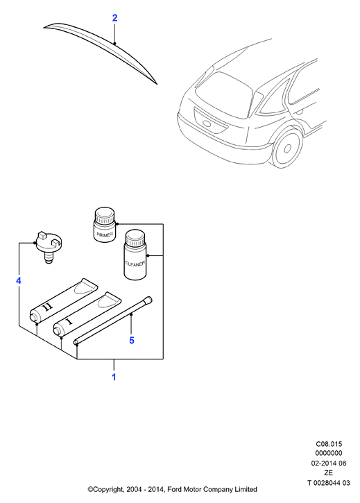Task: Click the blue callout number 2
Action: click(115, 18)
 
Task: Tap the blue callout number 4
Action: click(19, 281)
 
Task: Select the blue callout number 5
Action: click(132, 341)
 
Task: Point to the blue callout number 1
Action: click(114, 377)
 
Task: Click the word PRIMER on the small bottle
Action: click(105, 235)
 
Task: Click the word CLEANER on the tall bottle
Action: click(135, 264)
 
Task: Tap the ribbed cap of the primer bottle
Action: click(105, 216)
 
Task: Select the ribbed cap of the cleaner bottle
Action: click(135, 238)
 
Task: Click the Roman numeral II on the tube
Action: click(48, 307)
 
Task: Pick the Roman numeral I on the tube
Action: click(69, 321)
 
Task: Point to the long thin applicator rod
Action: click(113, 321)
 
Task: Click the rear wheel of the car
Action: click(286, 147)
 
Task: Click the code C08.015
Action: click(329, 444)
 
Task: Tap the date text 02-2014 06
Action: click(329, 463)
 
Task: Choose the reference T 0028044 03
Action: click(329, 482)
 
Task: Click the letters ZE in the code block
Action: click(329, 473)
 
